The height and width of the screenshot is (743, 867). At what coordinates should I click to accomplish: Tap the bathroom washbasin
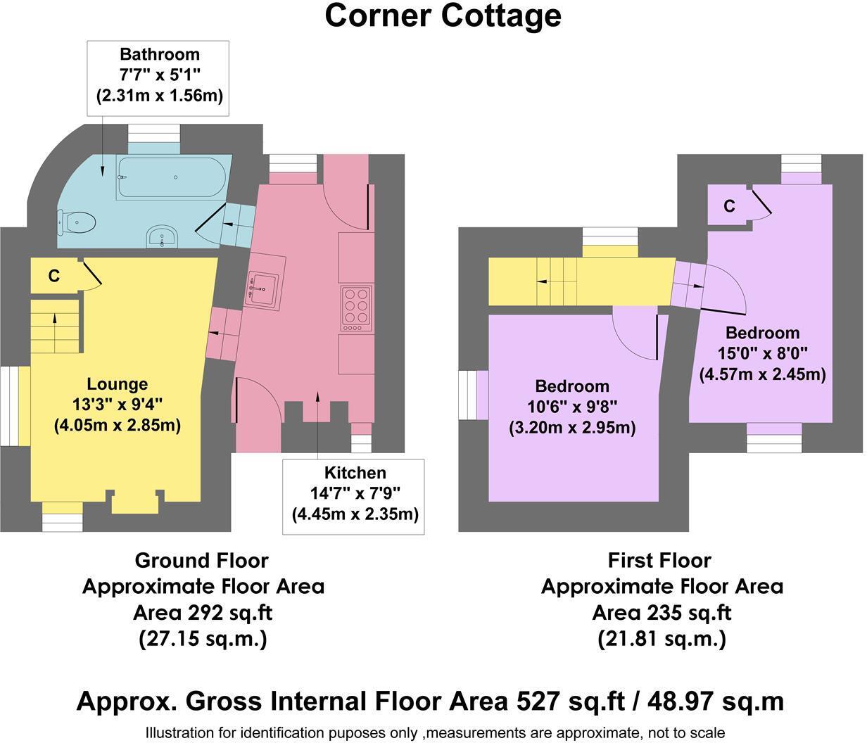[x=163, y=238]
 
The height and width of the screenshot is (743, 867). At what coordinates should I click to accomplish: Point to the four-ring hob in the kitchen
[x=356, y=307]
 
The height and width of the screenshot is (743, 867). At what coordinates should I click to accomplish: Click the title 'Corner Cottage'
[x=443, y=15]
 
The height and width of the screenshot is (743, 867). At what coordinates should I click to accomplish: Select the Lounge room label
[x=117, y=384]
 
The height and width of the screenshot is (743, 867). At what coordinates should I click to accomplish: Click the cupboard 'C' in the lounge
[x=53, y=277]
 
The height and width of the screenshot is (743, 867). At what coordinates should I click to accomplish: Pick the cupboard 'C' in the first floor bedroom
[x=729, y=206]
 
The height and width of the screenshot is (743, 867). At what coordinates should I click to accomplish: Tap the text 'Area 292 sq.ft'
[x=203, y=613]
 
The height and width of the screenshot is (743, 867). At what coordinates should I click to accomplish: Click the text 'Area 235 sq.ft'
[x=661, y=613]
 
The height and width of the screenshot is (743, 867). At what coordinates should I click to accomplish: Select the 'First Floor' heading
[x=659, y=561]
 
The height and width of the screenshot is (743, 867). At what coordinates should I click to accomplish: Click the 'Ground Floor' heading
[x=201, y=561]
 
